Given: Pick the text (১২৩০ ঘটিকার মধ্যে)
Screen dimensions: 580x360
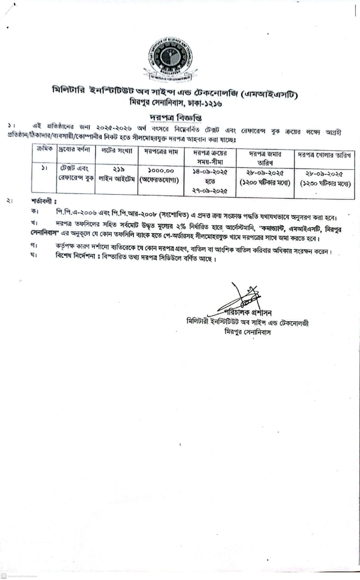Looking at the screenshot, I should pos(324,182).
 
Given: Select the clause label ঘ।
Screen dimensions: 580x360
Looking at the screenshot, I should pos(34,260).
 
